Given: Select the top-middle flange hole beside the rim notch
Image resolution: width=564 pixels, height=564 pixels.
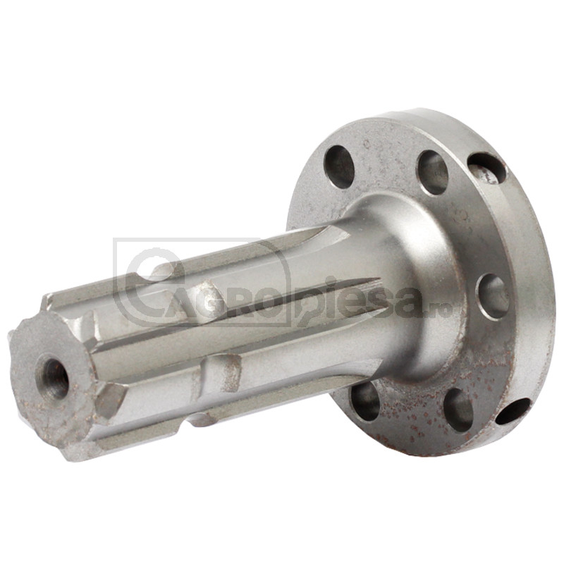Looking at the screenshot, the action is pyautogui.click(x=434, y=172).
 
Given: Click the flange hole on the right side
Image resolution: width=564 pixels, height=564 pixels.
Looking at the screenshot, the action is pyautogui.click(x=494, y=296).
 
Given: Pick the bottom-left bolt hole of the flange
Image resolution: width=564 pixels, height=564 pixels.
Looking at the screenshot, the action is pyautogui.click(x=364, y=400).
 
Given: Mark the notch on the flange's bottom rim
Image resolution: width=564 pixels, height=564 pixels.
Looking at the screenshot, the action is pyautogui.click(x=513, y=410).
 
